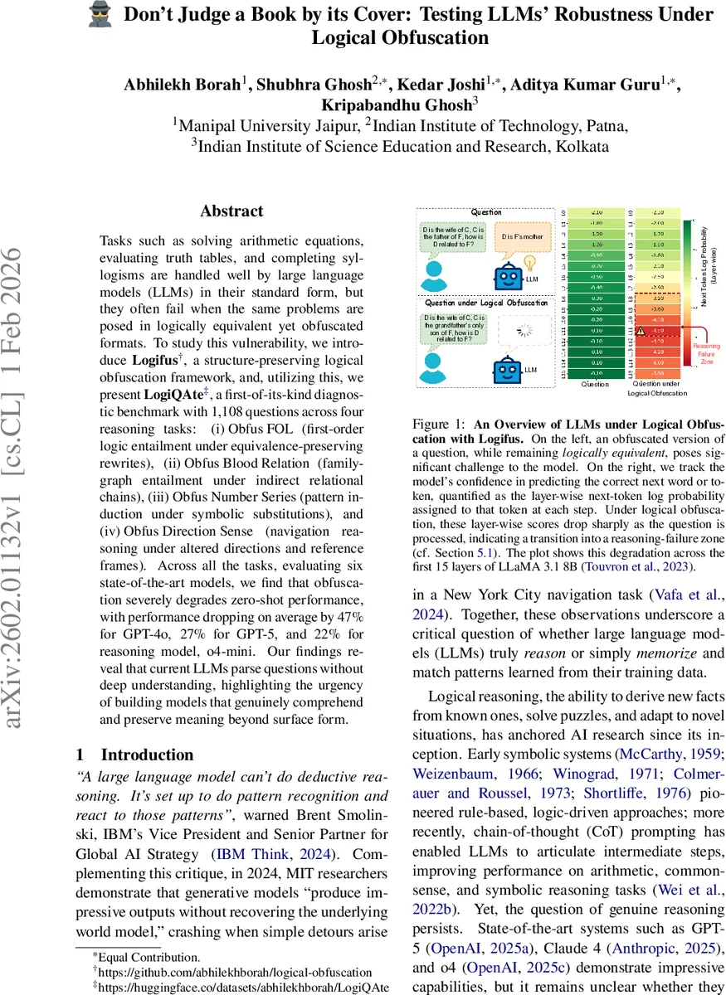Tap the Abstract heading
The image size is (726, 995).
[x=231, y=211]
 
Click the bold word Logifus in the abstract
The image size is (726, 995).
[x=158, y=361]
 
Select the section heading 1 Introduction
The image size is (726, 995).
[x=134, y=755]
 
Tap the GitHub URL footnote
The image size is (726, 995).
[x=235, y=972]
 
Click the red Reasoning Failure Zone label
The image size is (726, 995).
[x=707, y=352]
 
